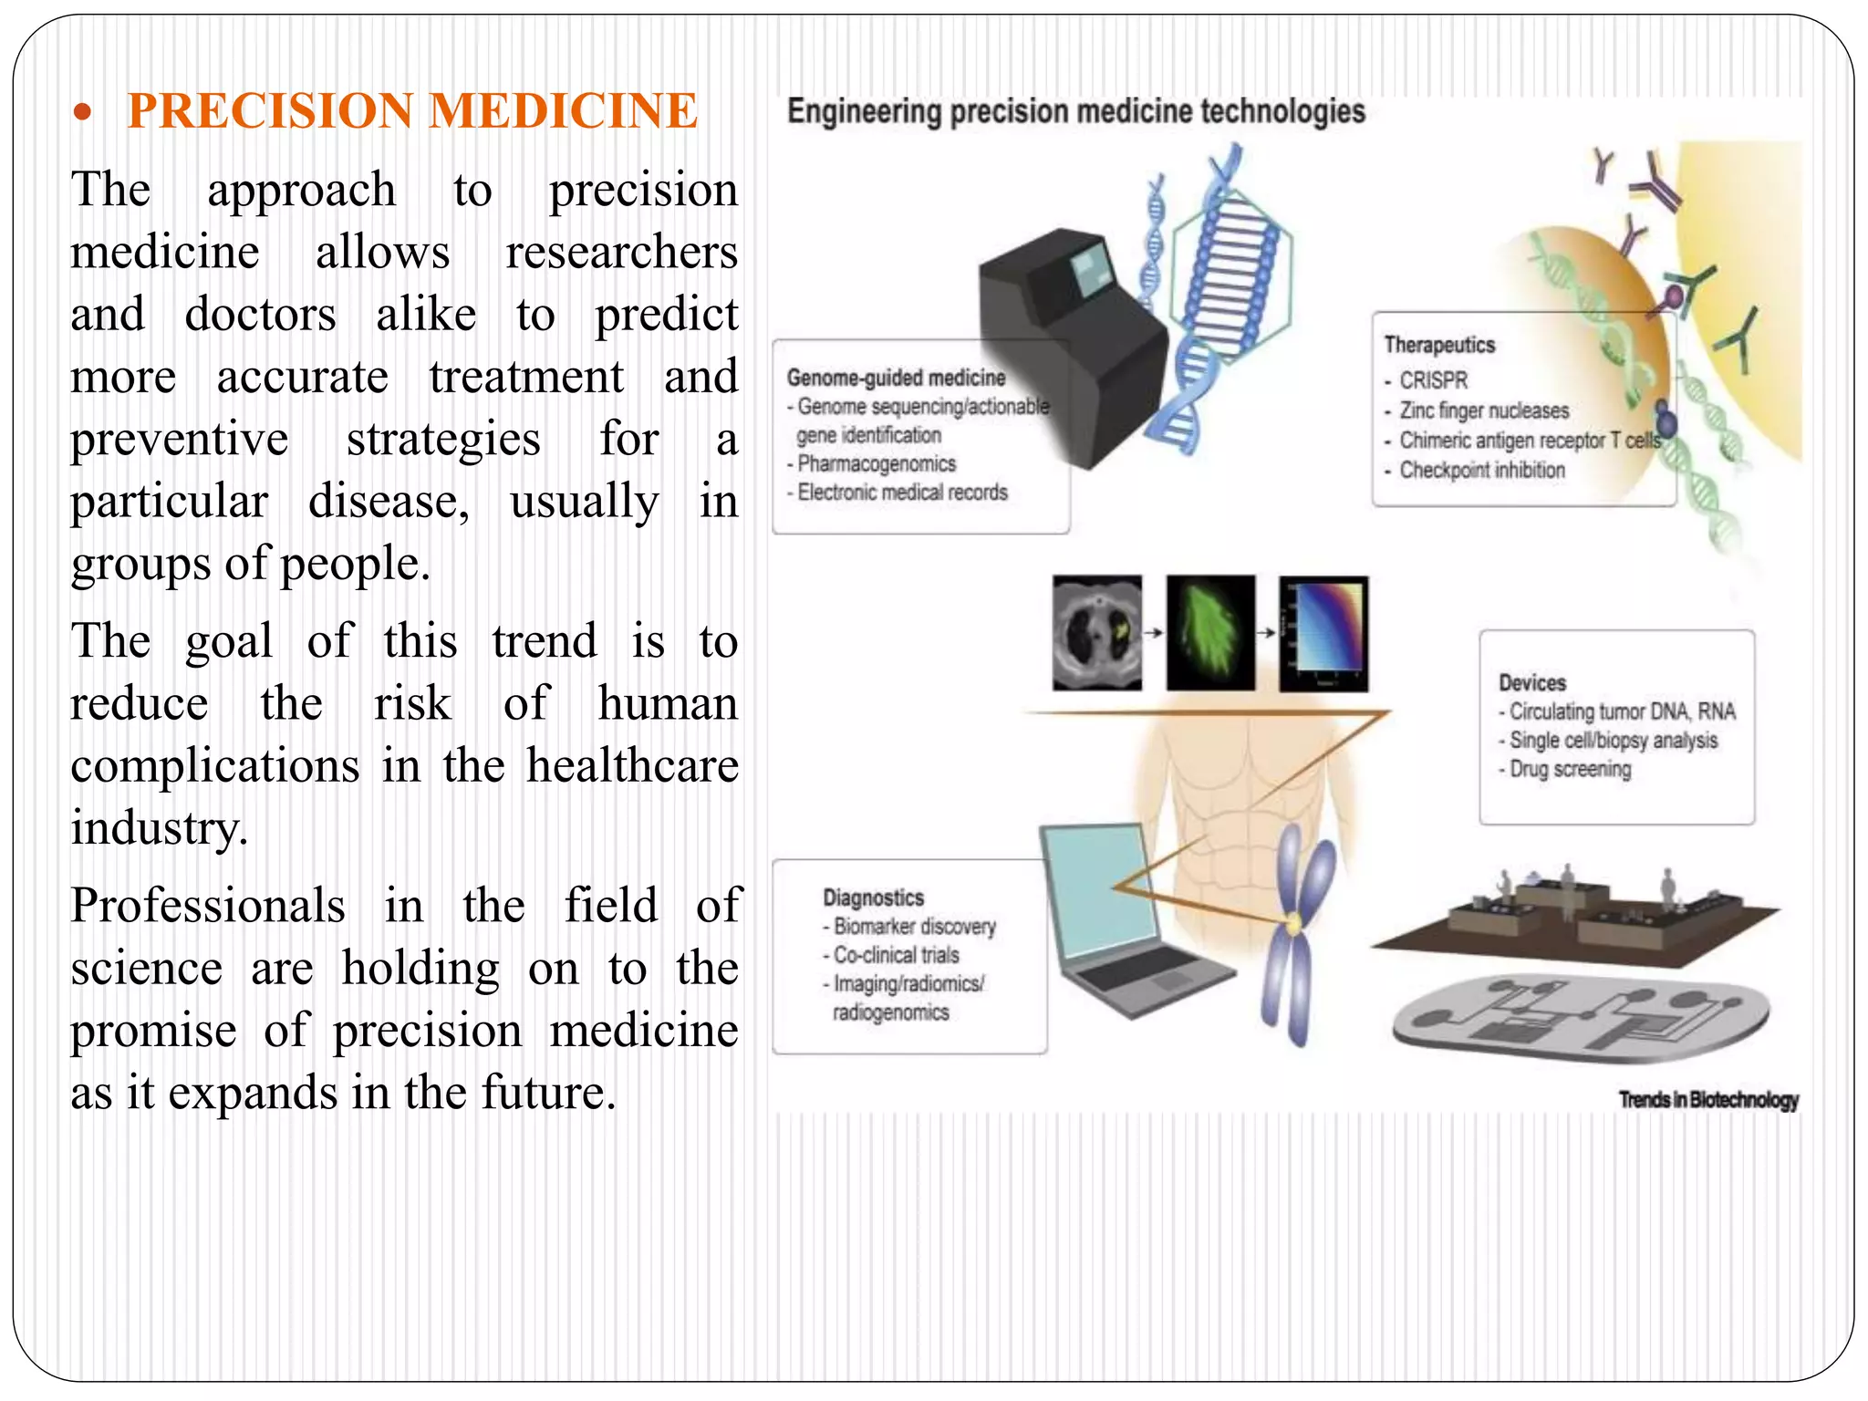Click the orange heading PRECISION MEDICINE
(x=412, y=110)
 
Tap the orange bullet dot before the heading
(x=83, y=113)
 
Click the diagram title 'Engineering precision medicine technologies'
(x=1075, y=112)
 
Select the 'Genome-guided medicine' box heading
(x=896, y=378)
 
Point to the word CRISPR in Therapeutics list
(x=1433, y=379)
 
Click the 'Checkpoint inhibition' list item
(x=1481, y=470)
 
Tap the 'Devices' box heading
(x=1531, y=682)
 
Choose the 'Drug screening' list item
(x=1569, y=769)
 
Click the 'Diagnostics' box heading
(x=873, y=898)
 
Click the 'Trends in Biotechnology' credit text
(x=1708, y=1099)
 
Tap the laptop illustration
(x=1122, y=921)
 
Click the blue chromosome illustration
(x=1295, y=930)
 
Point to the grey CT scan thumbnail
(x=1096, y=632)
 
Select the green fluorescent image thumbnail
(x=1210, y=632)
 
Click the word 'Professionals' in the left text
(x=208, y=906)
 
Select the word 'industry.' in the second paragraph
(x=160, y=828)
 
